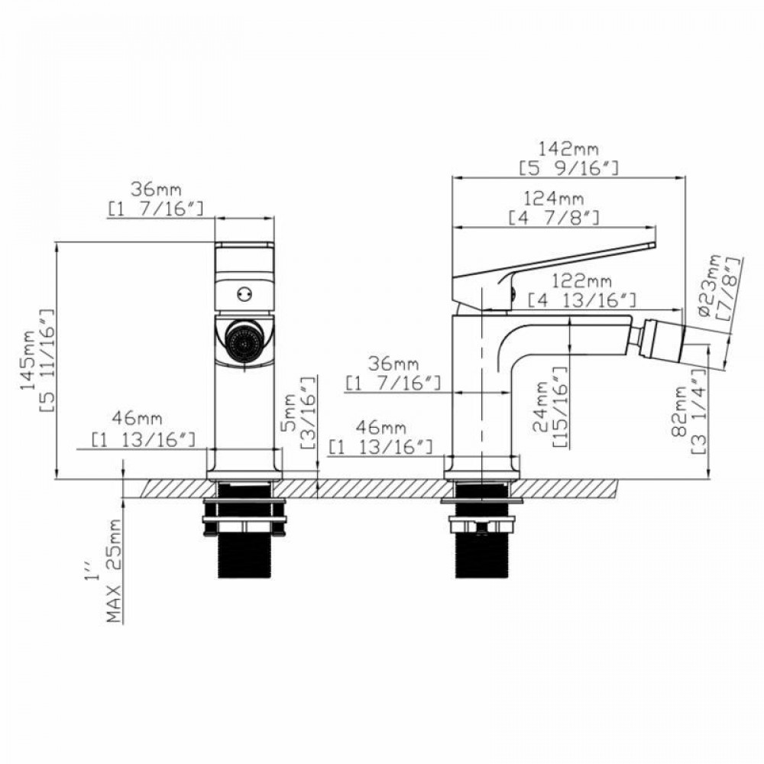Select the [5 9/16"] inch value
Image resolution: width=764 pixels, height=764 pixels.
tap(568, 167)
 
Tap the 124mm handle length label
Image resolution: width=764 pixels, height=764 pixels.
tap(554, 199)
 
